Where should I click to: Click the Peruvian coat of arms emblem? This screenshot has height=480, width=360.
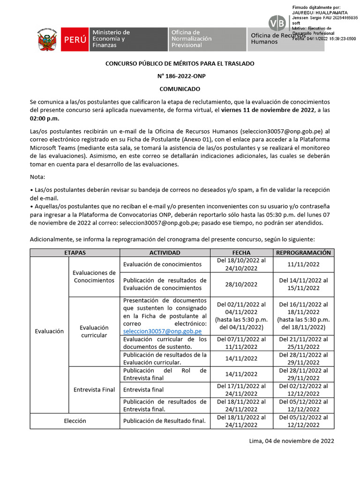tap(48, 39)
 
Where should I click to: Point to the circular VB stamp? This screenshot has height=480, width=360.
tap(277, 23)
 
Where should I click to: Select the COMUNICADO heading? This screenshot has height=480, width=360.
tap(180, 89)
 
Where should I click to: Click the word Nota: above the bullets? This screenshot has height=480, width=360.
tap(38, 177)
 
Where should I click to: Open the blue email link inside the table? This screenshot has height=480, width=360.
tap(162, 330)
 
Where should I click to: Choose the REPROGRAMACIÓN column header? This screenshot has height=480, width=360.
tap(304, 252)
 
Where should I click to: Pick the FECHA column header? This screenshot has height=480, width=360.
tap(241, 252)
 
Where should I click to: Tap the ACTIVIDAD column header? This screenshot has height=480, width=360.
tap(165, 252)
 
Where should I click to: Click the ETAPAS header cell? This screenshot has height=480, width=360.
tap(75, 252)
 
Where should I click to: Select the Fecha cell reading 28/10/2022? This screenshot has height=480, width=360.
tap(241, 284)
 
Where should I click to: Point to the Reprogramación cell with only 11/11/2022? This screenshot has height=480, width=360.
tap(304, 264)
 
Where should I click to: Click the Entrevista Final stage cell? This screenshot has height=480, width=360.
tap(94, 390)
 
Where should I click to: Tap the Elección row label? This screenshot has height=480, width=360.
tap(75, 421)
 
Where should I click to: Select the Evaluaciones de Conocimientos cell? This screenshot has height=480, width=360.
tap(94, 277)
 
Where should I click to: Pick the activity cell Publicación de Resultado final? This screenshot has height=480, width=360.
tap(165, 421)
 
